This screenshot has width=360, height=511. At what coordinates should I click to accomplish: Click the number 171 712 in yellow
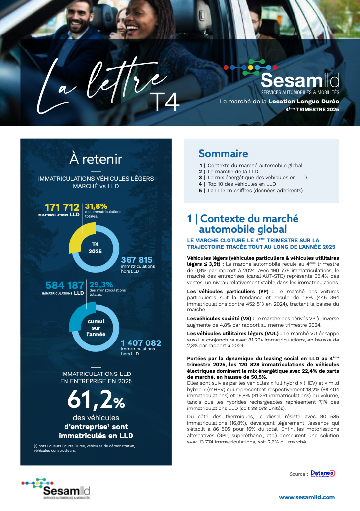62,207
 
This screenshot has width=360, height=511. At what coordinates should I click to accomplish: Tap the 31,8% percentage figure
96,206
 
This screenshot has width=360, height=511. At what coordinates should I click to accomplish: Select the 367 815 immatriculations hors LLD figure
136,260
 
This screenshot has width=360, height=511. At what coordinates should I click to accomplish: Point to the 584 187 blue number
65,285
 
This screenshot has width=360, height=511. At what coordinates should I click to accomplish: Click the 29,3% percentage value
101,284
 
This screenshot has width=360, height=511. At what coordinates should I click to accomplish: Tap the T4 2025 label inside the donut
95,247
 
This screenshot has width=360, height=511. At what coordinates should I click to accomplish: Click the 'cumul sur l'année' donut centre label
96,327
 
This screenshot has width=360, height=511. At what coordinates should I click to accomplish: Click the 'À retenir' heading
96,159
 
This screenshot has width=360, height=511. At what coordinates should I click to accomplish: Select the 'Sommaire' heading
223,154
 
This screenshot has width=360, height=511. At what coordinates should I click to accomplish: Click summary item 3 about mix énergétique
257,177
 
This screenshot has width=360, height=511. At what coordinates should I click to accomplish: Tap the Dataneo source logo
323,473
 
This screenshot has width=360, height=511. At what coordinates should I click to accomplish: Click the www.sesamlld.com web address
307,498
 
